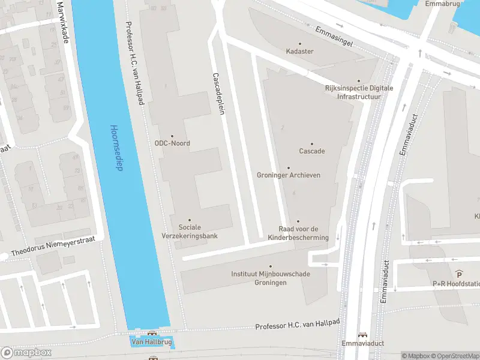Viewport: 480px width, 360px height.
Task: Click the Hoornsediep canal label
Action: point(116,148)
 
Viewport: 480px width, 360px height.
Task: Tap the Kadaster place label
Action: point(299,52)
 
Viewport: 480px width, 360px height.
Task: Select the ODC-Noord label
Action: point(172,143)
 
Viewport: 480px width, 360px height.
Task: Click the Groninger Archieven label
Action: point(288,175)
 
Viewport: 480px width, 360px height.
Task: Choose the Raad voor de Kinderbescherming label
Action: point(304,233)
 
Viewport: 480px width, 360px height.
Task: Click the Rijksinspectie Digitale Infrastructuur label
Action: point(359,92)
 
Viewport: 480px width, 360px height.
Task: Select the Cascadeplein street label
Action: point(218,95)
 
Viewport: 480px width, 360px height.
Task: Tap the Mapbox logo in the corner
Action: point(26,352)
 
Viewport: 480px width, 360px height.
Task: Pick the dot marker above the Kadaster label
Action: point(299,43)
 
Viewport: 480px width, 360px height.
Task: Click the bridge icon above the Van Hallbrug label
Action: point(152,333)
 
